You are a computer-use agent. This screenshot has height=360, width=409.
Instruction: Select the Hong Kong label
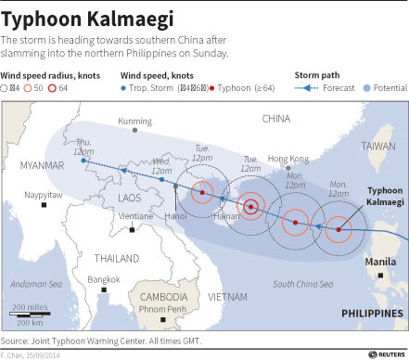tap(288, 159)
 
